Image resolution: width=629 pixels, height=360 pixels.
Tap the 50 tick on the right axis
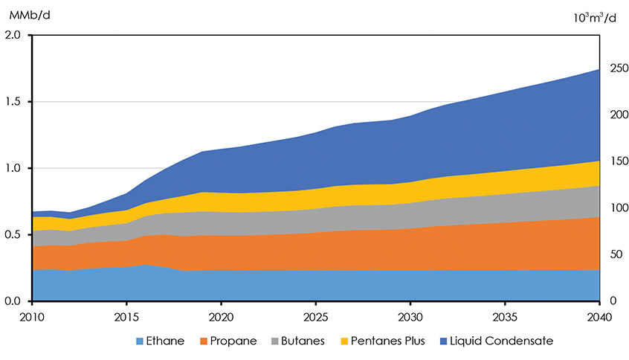[x=613, y=254]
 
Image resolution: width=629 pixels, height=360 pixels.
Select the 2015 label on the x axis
[x=126, y=317]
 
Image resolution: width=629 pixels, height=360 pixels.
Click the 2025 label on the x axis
[x=315, y=317]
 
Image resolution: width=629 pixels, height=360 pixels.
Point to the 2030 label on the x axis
[x=410, y=317]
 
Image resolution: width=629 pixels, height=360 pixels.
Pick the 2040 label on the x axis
[x=599, y=317]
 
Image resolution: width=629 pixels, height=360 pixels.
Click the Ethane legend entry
[x=159, y=341]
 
